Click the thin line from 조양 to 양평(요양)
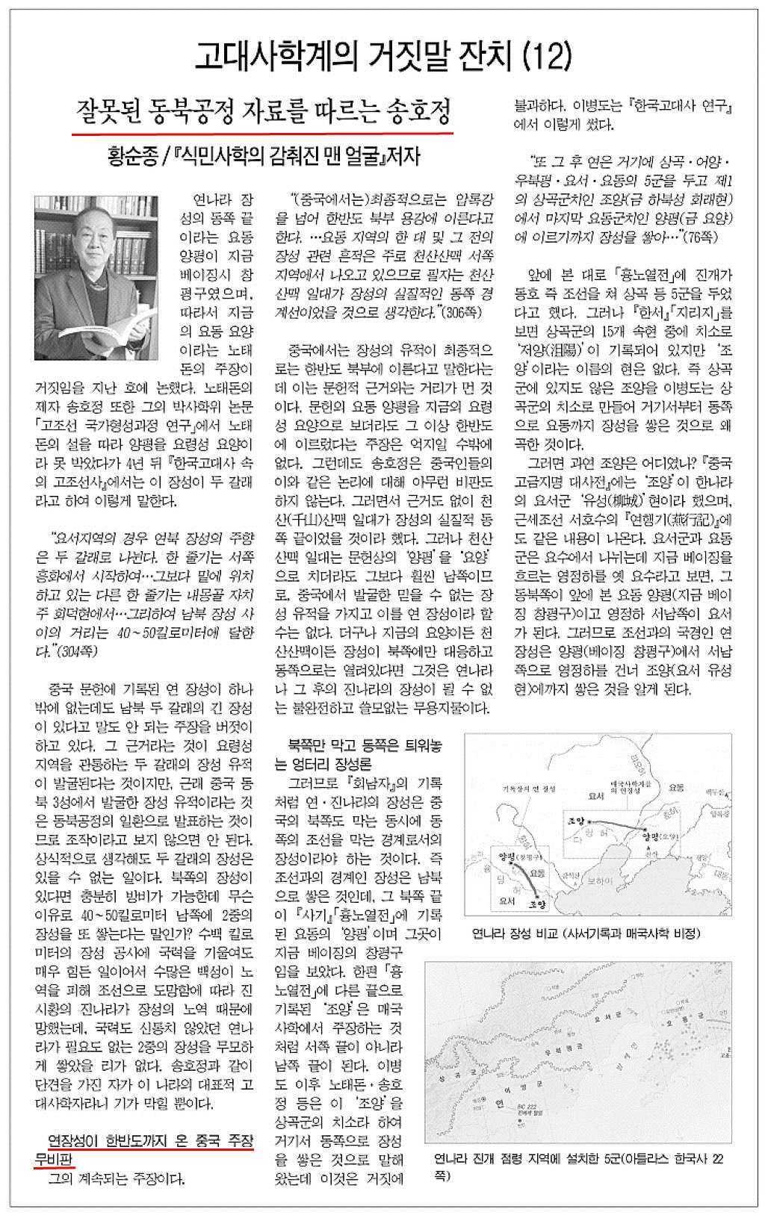pos(613,810)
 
